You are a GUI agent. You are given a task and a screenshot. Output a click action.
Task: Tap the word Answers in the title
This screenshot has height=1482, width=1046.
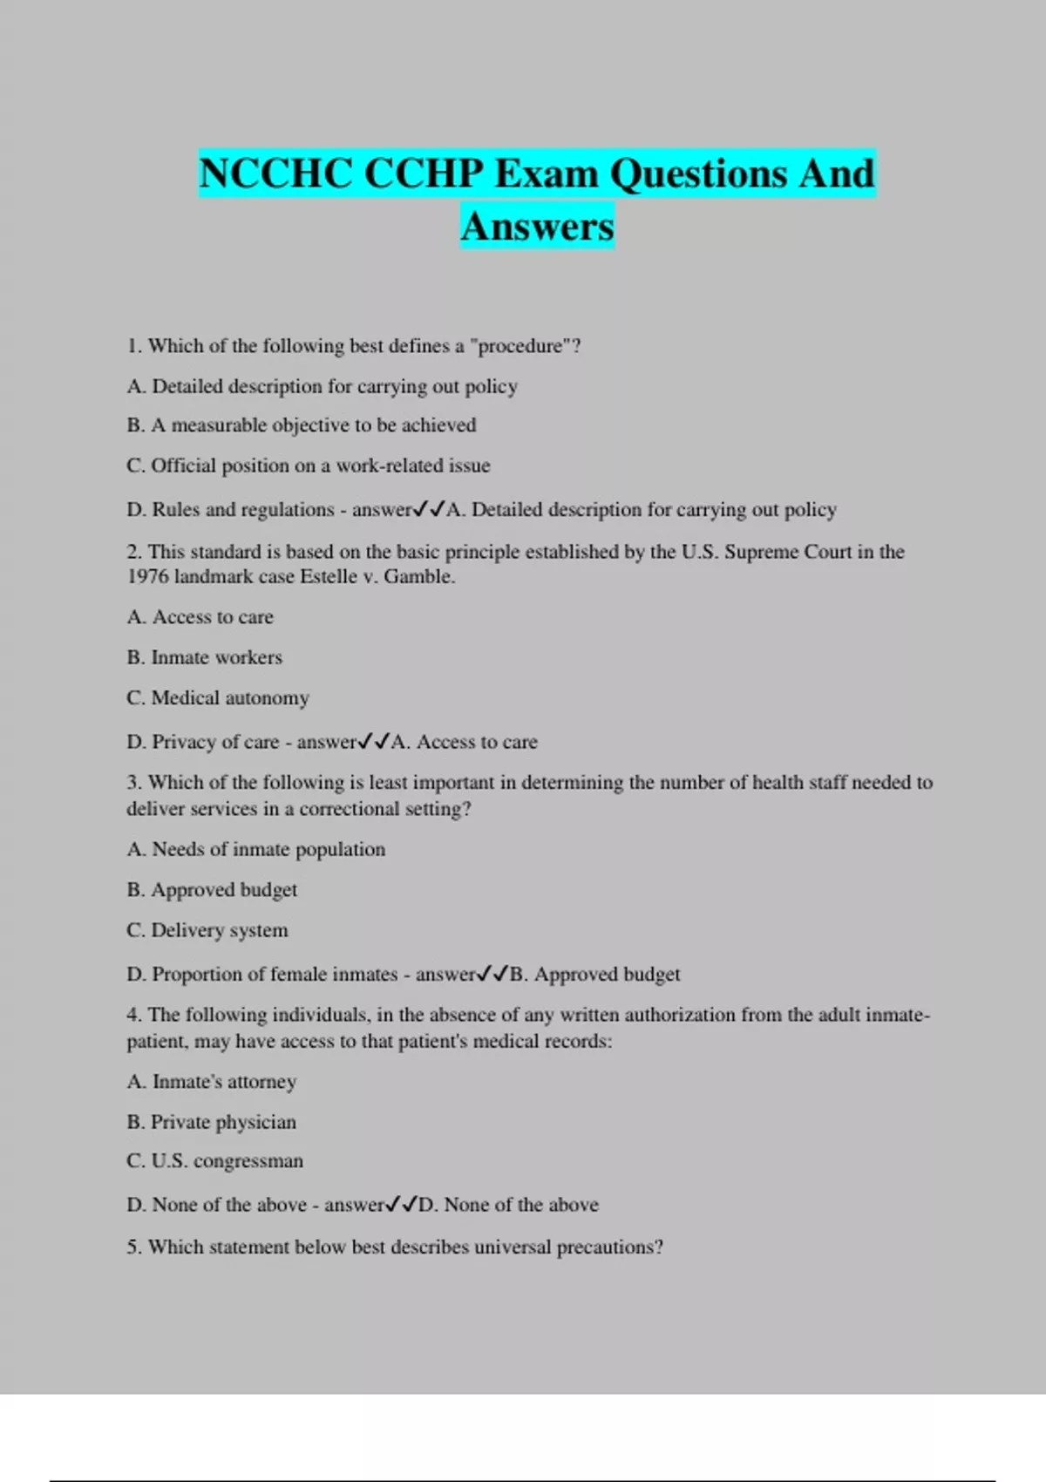coord(537,227)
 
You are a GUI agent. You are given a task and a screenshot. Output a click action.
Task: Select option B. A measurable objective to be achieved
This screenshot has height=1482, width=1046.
coord(302,425)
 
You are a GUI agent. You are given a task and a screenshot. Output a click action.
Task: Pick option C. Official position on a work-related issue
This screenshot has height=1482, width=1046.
coord(309,466)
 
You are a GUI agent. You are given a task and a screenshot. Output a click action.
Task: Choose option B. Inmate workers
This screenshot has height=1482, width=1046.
coord(205,657)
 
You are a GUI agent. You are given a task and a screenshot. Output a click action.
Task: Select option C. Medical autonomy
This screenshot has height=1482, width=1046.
coord(218,698)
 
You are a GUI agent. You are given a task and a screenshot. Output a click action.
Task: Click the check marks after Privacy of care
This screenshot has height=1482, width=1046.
coord(374,742)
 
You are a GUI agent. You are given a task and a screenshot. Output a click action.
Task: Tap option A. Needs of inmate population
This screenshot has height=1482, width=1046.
coord(256,849)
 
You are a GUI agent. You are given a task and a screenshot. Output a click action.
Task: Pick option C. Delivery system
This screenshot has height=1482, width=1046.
coord(207,930)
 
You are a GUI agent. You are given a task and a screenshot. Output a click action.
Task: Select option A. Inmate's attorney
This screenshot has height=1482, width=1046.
coord(212,1082)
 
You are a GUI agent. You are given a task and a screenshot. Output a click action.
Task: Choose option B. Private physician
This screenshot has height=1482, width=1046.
coord(212,1122)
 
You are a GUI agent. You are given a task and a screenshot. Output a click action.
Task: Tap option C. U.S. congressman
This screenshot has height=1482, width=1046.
coord(215,1161)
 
